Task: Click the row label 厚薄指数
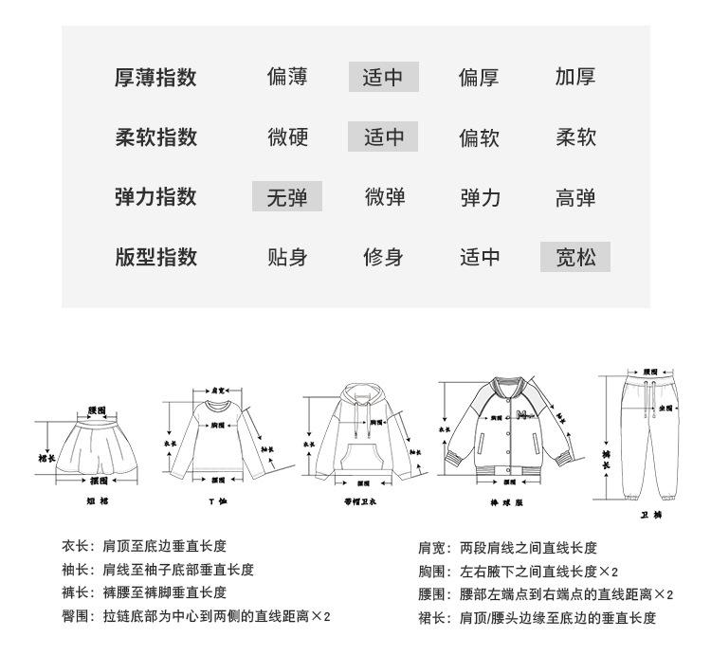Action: [x=155, y=77]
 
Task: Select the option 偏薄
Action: [x=287, y=77]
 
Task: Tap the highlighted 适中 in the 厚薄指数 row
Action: [x=384, y=77]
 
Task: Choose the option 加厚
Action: [x=575, y=77]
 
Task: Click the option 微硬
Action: [x=287, y=137]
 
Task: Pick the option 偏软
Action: [x=479, y=137]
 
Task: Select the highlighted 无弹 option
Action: [x=287, y=197]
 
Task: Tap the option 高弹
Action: [x=575, y=197]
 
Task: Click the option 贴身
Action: [x=287, y=257]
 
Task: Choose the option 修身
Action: [x=384, y=257]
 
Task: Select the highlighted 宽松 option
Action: [x=575, y=257]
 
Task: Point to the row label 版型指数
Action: [x=155, y=257]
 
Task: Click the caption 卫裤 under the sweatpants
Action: [x=650, y=515]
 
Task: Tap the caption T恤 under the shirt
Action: [x=217, y=500]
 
